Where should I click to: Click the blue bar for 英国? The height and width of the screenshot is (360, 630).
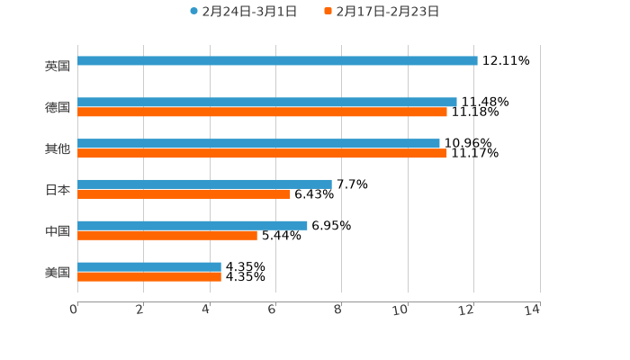277,61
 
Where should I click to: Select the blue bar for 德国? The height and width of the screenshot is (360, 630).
267,103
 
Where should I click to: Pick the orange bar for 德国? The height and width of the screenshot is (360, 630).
262,112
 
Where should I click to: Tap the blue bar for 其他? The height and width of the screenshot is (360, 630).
258,144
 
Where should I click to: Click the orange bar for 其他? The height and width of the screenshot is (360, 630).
262,154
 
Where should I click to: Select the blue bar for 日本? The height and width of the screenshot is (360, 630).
204,184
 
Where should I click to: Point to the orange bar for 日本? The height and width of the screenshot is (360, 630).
184,194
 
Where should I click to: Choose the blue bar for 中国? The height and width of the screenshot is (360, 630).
193,226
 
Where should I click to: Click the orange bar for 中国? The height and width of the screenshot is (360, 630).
167,236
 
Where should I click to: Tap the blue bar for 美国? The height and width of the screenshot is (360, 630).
149,267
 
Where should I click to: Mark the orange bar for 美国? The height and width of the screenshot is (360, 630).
149,277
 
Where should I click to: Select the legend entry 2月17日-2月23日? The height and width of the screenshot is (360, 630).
387,12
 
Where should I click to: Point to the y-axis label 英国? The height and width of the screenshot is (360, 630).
58,67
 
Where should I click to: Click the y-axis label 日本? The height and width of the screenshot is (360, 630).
58,190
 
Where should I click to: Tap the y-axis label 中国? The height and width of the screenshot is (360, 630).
58,231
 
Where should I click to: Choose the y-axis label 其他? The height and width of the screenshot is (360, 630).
58,148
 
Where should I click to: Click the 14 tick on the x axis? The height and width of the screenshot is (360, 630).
533,310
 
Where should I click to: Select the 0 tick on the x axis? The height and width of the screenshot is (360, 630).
75,310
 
